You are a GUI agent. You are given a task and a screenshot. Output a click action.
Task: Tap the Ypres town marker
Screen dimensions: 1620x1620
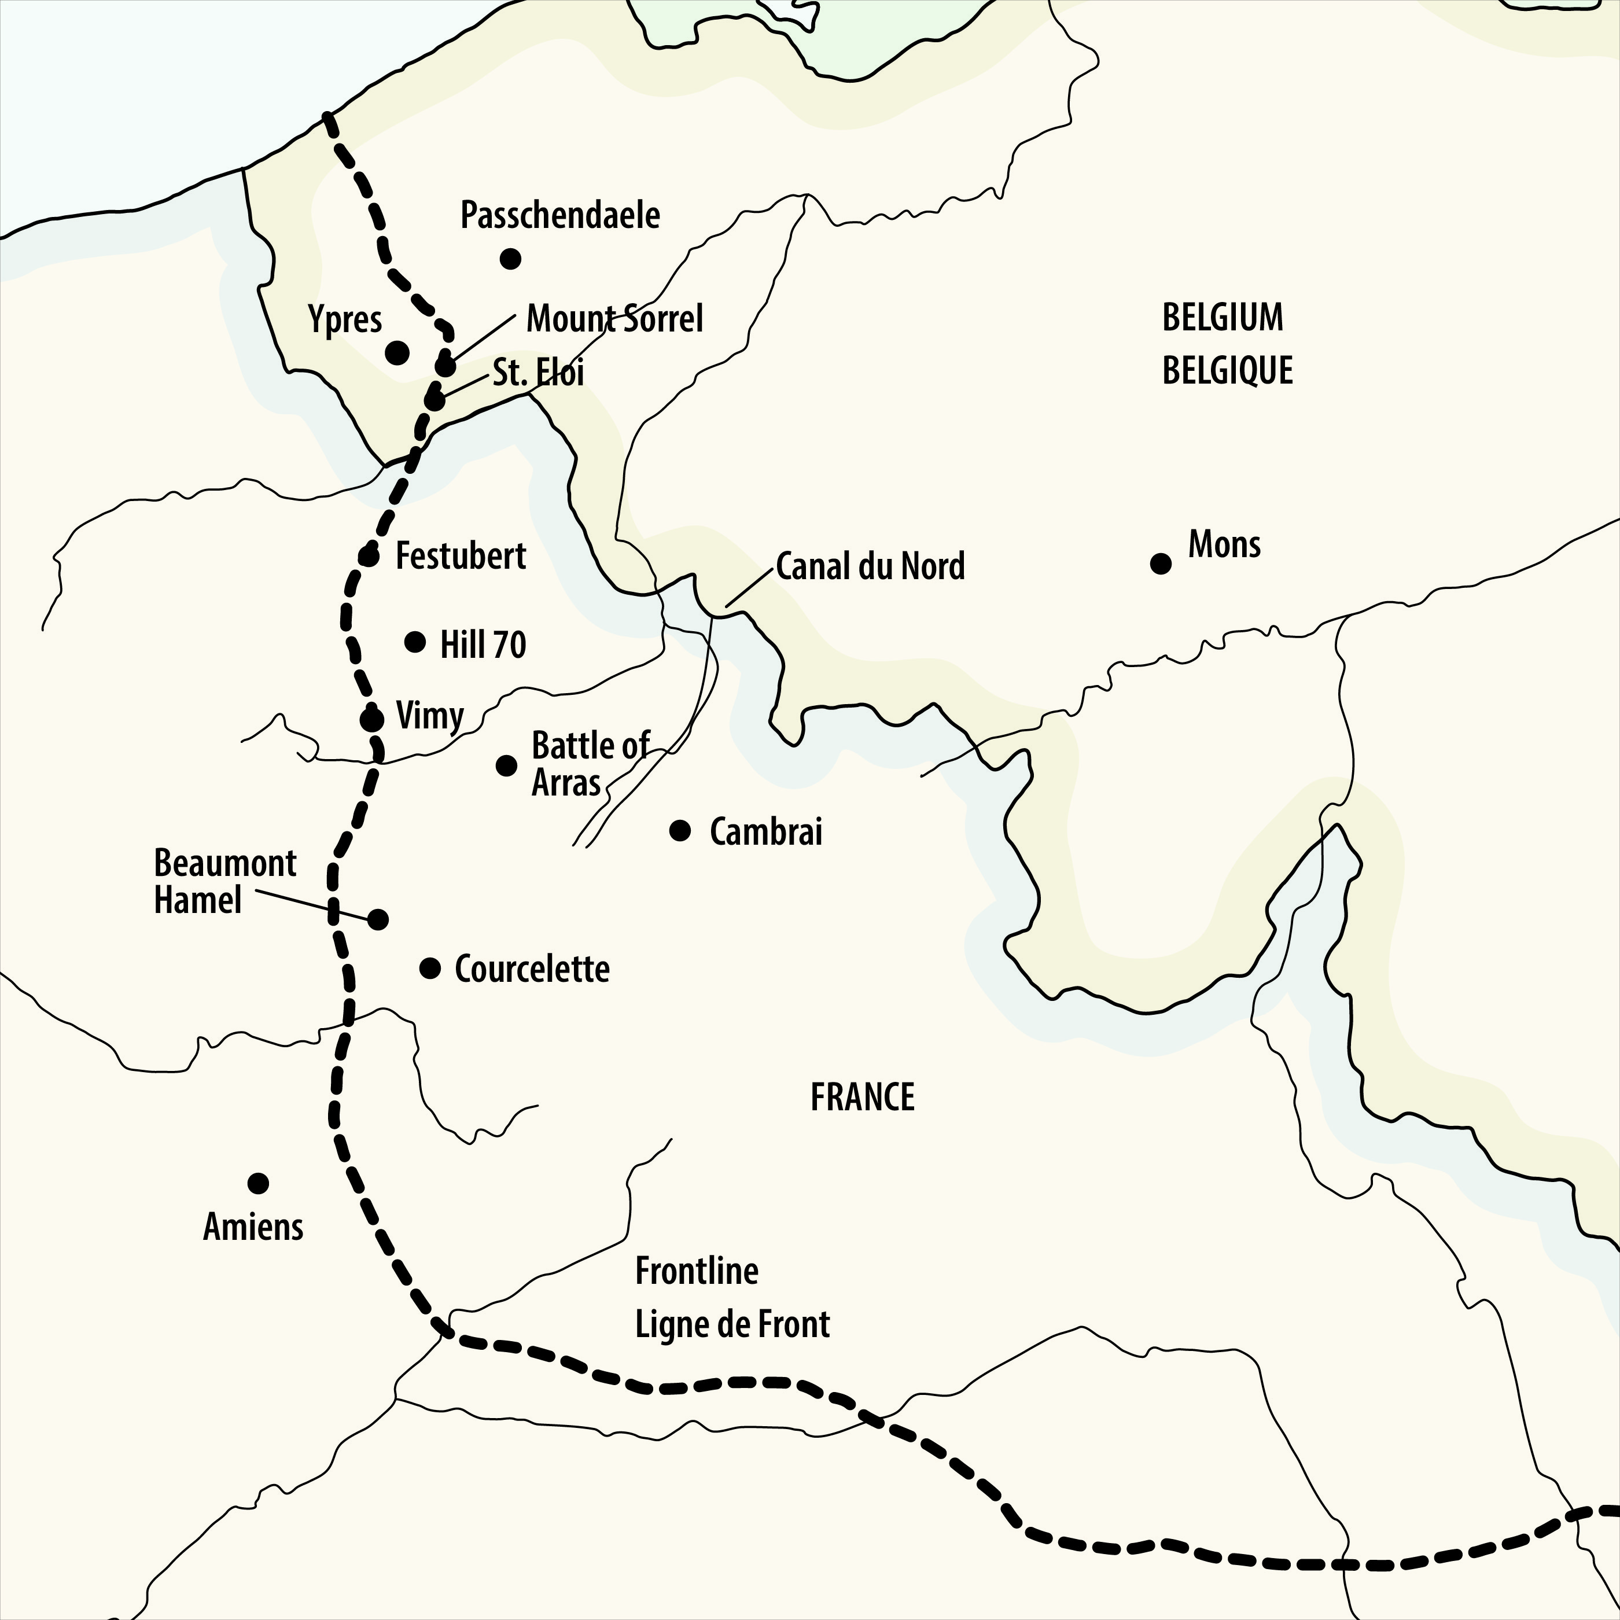[x=397, y=352]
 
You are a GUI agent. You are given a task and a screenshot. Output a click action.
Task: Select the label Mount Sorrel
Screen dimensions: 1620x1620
[x=614, y=319]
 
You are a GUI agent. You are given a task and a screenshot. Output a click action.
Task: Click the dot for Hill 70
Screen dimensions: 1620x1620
[x=415, y=642]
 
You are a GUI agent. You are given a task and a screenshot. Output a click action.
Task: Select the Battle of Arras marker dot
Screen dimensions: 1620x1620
[x=506, y=765]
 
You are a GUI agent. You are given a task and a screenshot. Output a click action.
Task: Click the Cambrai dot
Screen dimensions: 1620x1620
[x=680, y=831]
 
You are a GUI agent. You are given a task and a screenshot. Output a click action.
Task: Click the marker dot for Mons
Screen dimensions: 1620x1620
[x=1161, y=564]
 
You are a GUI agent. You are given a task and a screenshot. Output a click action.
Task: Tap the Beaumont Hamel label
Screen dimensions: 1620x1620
[x=224, y=881]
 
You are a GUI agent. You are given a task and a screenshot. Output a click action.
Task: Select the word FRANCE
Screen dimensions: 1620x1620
[x=862, y=1098]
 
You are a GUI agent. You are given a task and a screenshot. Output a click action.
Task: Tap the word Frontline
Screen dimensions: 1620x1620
[x=696, y=1271]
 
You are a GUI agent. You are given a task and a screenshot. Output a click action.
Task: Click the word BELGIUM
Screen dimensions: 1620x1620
[x=1222, y=318]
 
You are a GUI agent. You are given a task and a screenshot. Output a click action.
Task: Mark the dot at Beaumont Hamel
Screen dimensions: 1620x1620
[x=378, y=919]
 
